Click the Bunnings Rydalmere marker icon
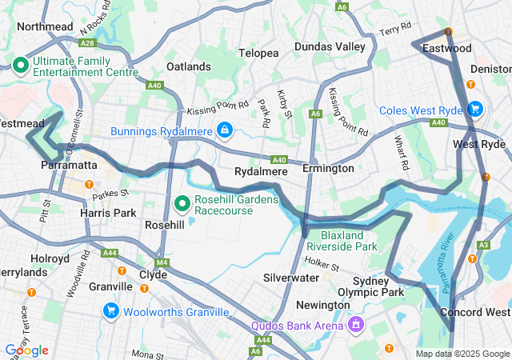click(x=225, y=130)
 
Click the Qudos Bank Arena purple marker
click(x=355, y=325)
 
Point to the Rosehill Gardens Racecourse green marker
click(x=182, y=204)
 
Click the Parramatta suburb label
click(x=69, y=165)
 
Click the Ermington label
click(x=328, y=169)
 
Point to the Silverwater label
click(x=291, y=277)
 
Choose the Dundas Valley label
click(x=329, y=47)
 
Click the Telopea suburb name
click(x=258, y=53)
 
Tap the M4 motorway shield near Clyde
click(x=163, y=262)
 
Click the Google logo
click(x=26, y=350)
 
